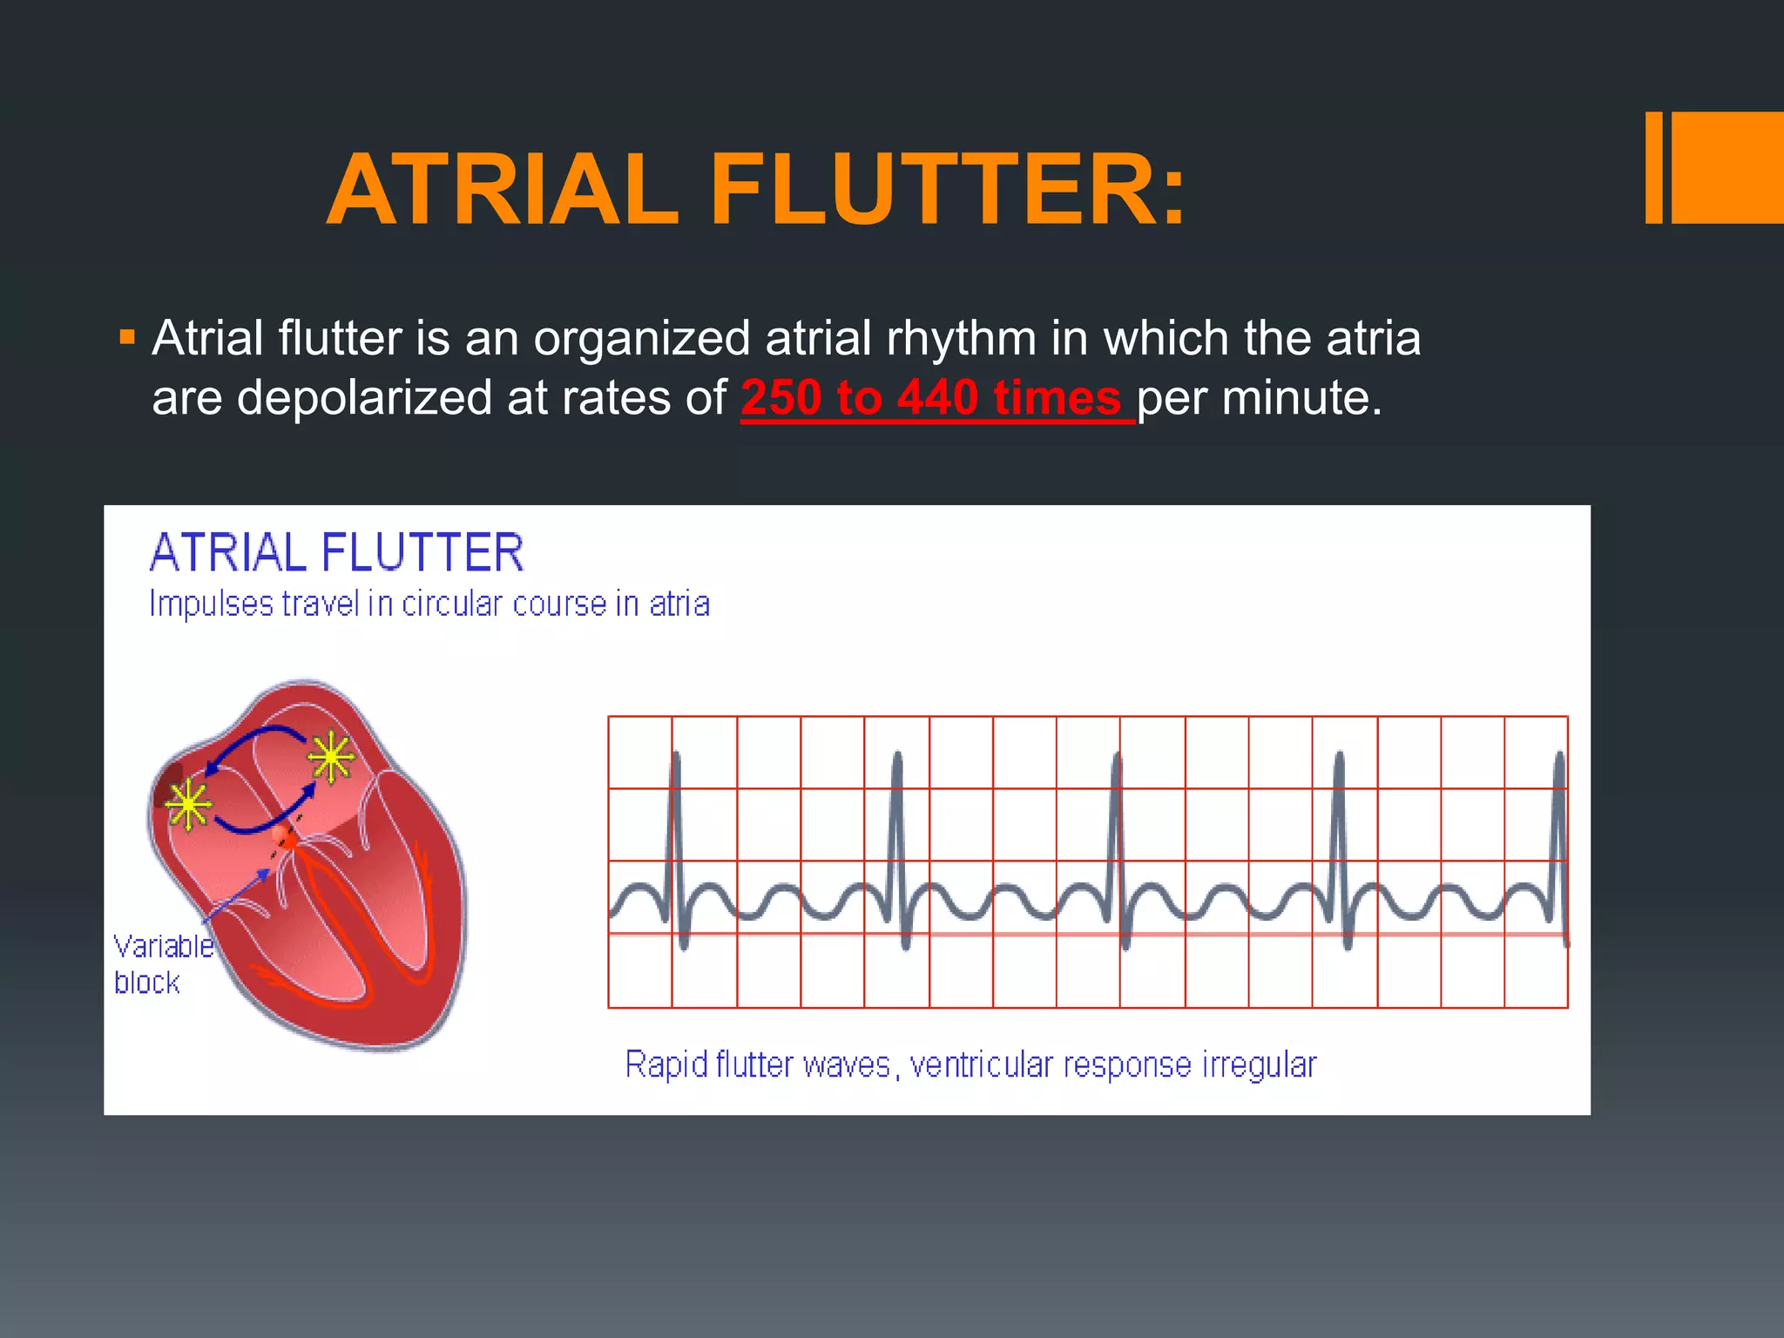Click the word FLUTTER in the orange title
click(948, 190)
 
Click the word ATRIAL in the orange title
click(503, 190)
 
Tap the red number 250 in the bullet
click(780, 398)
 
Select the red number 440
click(938, 398)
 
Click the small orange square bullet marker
click(128, 337)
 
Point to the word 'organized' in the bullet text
click(641, 338)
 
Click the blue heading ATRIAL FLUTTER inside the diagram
click(336, 552)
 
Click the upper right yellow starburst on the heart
click(331, 758)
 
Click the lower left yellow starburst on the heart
click(188, 805)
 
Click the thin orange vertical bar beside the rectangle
click(1653, 167)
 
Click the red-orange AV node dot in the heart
click(283, 838)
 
